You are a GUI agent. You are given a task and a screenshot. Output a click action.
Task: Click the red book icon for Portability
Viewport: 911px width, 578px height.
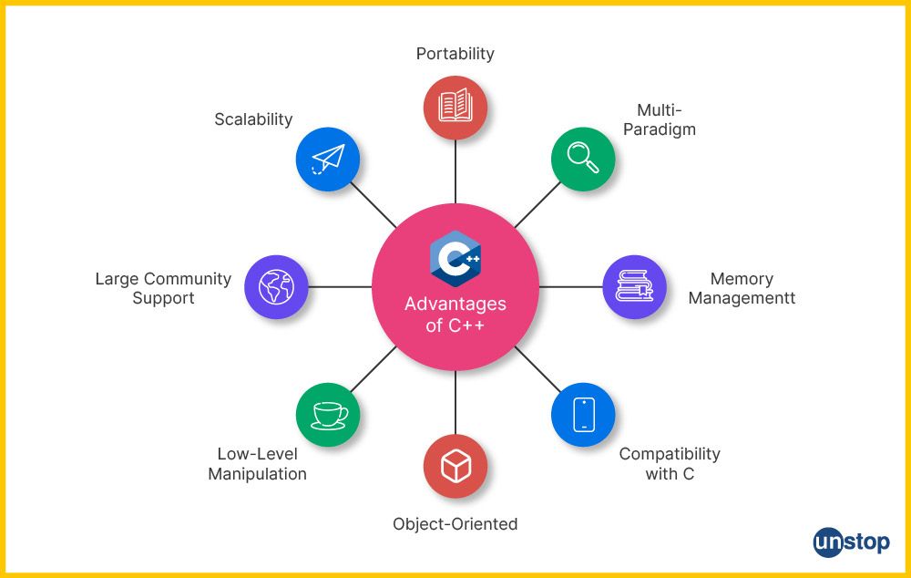(x=455, y=107)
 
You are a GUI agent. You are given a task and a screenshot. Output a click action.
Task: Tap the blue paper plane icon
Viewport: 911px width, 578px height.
(x=328, y=159)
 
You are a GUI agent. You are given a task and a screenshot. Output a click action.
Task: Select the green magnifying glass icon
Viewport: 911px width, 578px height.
(x=583, y=159)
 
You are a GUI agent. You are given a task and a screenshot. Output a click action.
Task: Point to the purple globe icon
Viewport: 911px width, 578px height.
(x=276, y=286)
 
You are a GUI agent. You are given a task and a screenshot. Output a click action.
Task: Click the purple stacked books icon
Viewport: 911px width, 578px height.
(x=634, y=286)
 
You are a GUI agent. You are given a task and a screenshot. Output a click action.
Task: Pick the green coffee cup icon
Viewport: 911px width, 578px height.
(x=328, y=414)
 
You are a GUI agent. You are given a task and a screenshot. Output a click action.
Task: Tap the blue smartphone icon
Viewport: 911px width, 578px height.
(x=583, y=414)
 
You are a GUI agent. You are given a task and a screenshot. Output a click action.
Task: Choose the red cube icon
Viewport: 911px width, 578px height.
(x=455, y=466)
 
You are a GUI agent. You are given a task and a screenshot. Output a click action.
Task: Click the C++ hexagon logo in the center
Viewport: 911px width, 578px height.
(x=455, y=258)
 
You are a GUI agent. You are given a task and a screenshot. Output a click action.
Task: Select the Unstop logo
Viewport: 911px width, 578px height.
(x=851, y=542)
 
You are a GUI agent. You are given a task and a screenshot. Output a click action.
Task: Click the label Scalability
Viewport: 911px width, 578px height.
(x=253, y=119)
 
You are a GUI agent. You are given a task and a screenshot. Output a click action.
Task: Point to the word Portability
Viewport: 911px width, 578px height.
(x=455, y=54)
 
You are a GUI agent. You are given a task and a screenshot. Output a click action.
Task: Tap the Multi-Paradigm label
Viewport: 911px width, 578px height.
(x=660, y=119)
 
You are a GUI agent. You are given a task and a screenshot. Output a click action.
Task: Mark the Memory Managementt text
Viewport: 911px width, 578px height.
(x=742, y=288)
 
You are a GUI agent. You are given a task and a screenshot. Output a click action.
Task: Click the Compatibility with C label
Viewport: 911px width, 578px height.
(x=670, y=463)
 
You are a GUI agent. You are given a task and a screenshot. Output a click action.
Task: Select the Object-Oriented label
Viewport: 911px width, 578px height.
(x=455, y=524)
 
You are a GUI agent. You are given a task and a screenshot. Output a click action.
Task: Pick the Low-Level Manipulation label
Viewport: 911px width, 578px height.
(x=258, y=463)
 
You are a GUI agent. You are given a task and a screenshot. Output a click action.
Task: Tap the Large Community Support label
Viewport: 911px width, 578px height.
(x=164, y=288)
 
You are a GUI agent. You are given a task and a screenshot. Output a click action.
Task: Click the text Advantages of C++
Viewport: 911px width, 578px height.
(x=455, y=315)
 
